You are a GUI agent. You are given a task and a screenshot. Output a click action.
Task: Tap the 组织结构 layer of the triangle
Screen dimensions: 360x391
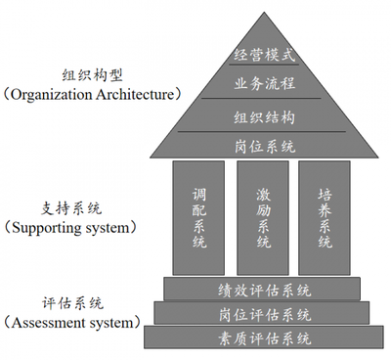(x=265, y=116)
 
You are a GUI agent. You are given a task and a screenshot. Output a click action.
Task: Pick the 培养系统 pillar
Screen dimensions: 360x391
(x=325, y=217)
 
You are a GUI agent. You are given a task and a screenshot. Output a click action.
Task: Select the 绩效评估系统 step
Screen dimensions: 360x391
(x=265, y=290)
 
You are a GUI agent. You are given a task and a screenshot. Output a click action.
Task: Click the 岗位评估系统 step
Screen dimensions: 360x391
(x=265, y=314)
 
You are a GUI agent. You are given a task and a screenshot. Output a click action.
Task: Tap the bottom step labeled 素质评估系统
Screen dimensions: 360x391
(x=265, y=338)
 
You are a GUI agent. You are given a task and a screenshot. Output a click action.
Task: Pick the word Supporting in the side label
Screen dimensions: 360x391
(x=51, y=227)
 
